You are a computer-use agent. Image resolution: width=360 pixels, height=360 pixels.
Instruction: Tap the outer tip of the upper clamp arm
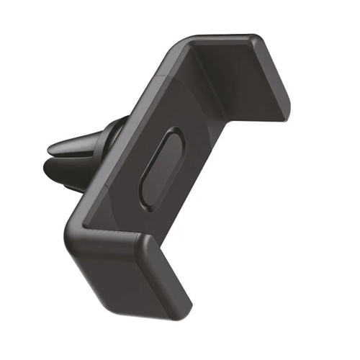[281, 97]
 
